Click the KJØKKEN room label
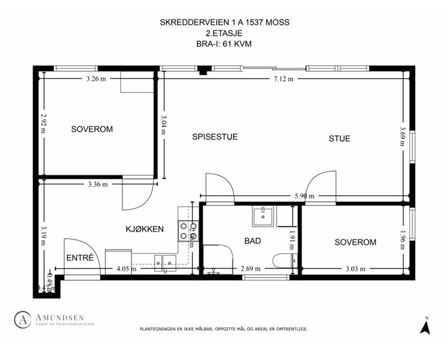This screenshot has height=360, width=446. click(x=145, y=229)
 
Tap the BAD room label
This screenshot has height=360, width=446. click(x=252, y=241)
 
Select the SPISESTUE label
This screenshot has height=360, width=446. click(x=215, y=137)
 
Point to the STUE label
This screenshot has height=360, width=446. click(x=339, y=139)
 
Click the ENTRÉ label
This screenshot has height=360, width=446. click(x=80, y=258)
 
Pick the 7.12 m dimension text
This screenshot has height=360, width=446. click(x=283, y=80)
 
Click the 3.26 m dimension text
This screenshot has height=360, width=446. click(x=96, y=79)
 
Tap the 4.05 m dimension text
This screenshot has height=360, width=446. click(x=126, y=268)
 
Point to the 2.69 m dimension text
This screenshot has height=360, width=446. click(x=251, y=268)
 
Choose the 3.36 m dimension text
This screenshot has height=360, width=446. click(x=97, y=184)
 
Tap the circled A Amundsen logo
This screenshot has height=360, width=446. click(x=22, y=319)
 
